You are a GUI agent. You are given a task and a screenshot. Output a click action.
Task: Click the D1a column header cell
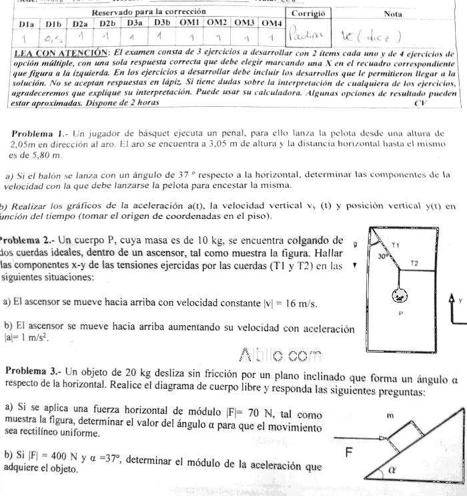point(27,24)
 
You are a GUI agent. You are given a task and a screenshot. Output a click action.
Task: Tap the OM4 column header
point(271,24)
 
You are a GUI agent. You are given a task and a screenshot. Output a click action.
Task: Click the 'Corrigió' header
point(308,13)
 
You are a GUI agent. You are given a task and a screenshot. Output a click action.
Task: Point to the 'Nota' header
point(392,13)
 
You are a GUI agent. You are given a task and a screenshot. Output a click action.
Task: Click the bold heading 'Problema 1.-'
point(41,134)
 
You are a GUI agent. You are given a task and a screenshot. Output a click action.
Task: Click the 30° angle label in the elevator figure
point(382,256)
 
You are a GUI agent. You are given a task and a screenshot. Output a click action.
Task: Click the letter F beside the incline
point(348,454)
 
